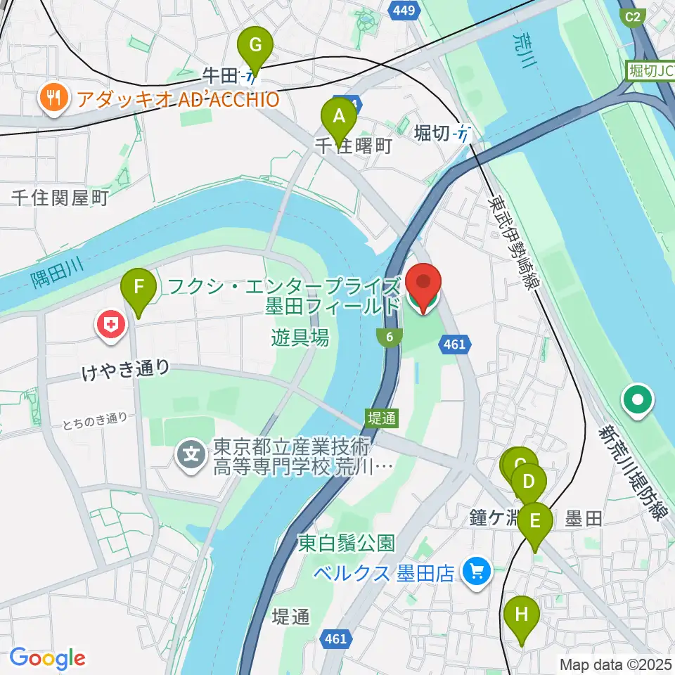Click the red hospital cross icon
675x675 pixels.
tap(111, 325)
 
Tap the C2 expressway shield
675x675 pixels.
tap(634, 16)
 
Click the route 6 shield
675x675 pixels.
tap(389, 337)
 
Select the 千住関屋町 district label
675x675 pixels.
tap(60, 199)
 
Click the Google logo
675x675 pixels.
tap(48, 658)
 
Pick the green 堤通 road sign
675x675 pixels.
tap(382, 418)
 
